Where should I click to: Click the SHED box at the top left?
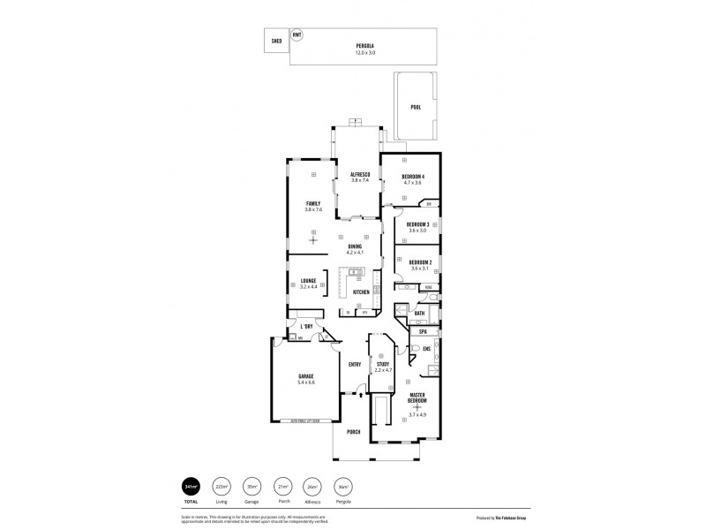(x=275, y=40)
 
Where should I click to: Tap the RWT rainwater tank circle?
(x=297, y=36)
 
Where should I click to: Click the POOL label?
(x=416, y=107)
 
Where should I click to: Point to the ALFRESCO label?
(x=358, y=175)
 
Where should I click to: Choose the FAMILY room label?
(x=313, y=203)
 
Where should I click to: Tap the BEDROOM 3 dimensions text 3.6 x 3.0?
(x=417, y=230)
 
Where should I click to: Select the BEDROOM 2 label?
(x=419, y=261)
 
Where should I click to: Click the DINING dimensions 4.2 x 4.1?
(x=355, y=253)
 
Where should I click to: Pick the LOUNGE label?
(x=308, y=281)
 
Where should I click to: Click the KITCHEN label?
(x=362, y=292)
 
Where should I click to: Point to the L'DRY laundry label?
(x=307, y=327)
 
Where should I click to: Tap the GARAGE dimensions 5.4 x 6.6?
(x=305, y=382)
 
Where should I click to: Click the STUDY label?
(x=382, y=364)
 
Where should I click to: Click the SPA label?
(x=423, y=332)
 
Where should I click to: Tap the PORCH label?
(x=353, y=432)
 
